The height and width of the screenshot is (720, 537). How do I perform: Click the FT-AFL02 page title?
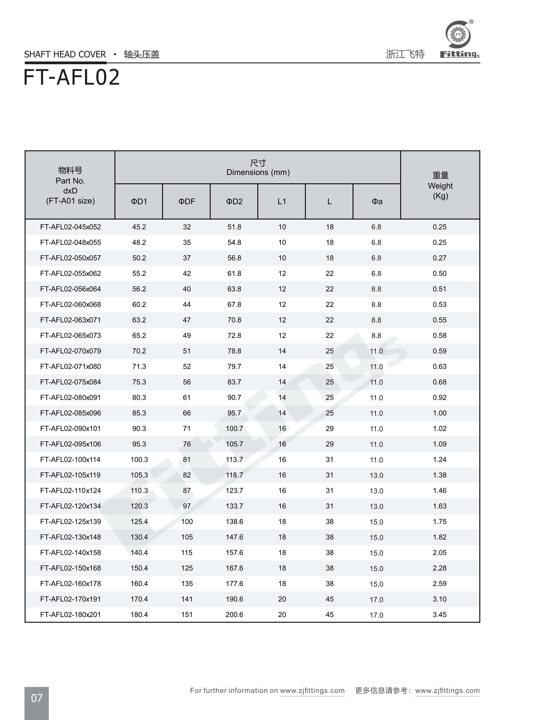click(72, 78)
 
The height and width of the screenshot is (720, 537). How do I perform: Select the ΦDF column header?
click(187, 201)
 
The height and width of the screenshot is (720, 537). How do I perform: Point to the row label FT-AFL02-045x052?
click(71, 227)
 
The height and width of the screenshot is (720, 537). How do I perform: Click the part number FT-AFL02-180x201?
click(71, 615)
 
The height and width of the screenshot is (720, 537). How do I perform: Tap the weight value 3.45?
click(439, 615)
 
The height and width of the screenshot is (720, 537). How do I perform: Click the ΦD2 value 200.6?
click(234, 615)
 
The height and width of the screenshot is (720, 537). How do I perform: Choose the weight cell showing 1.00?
click(439, 413)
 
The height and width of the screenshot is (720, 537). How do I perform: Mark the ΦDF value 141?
click(187, 599)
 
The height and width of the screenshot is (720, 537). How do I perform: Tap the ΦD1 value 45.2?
click(139, 227)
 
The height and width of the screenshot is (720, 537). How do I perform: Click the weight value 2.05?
click(439, 553)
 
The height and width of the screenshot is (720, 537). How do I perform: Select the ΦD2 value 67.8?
click(234, 304)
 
